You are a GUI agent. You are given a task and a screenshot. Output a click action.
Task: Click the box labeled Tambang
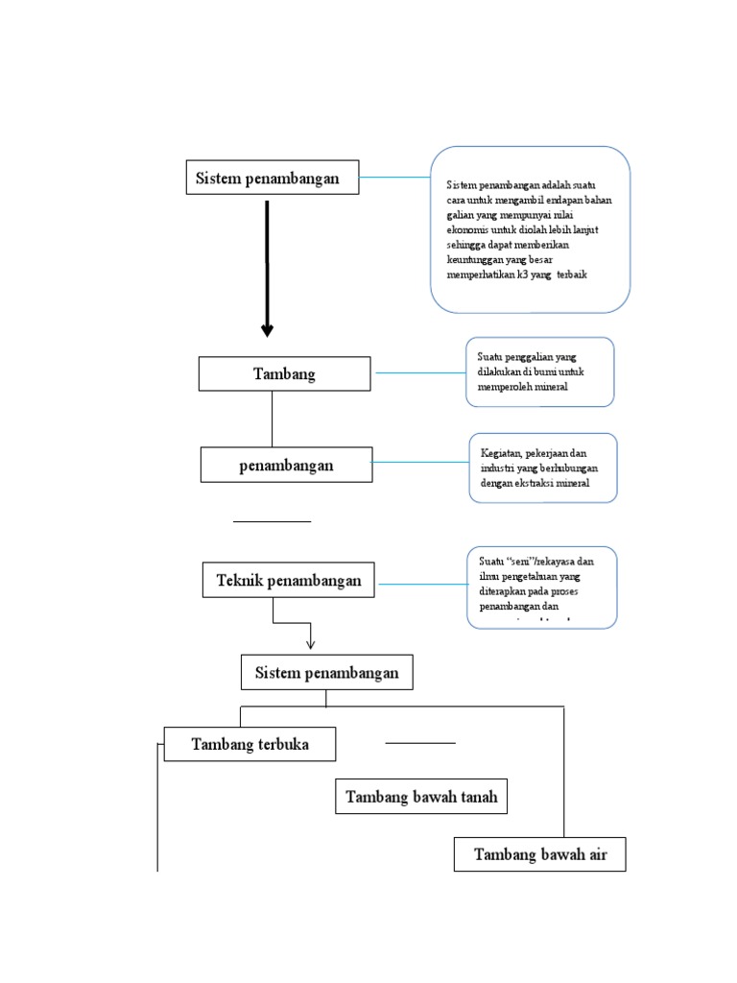(284, 373)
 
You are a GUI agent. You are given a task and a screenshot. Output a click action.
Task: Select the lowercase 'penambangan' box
(286, 465)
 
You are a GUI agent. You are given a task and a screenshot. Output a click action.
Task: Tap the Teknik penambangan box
(289, 581)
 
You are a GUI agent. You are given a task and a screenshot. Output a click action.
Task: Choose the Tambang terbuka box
(250, 744)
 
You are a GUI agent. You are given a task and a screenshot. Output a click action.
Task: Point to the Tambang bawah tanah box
(420, 797)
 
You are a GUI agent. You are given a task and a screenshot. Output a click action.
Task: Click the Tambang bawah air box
(539, 854)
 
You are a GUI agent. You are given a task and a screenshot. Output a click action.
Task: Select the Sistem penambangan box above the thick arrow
(273, 178)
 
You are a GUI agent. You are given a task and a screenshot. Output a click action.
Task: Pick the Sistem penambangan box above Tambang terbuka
(326, 673)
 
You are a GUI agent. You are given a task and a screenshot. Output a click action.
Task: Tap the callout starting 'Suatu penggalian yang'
(539, 372)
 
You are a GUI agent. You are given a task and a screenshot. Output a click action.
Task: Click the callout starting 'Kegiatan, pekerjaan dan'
(542, 468)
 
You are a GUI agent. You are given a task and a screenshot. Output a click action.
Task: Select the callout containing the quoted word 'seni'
(542, 587)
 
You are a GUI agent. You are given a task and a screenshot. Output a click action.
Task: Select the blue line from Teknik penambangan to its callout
(421, 583)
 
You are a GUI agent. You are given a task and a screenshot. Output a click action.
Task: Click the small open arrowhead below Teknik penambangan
(310, 642)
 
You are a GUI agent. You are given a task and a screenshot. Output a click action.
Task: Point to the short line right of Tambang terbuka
(420, 743)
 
